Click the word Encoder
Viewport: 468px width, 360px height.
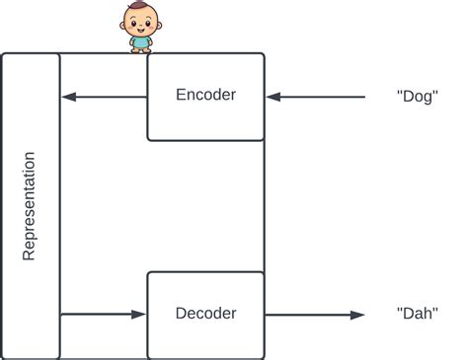point(205,96)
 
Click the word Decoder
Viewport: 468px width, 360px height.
point(205,315)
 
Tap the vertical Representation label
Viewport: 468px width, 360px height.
point(29,205)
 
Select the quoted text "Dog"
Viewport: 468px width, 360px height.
point(416,97)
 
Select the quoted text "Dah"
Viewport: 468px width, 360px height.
point(416,315)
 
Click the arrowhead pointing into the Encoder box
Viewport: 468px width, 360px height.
point(273,97)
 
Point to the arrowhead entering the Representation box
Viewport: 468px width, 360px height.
point(68,97)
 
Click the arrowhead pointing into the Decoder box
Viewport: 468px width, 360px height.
point(139,315)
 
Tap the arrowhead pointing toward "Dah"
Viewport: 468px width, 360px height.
point(357,315)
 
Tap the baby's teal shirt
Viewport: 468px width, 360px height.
point(140,41)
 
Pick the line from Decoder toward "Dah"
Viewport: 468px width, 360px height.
point(306,315)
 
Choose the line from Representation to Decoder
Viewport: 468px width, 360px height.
point(99,315)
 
